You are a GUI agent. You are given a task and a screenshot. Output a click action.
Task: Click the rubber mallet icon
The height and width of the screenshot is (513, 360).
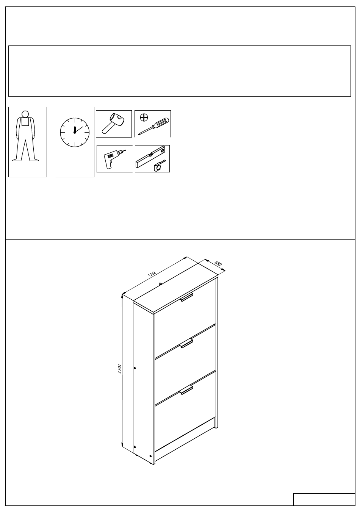pos(113,123)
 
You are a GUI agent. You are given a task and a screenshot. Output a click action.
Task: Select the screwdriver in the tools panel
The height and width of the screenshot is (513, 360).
pos(153,126)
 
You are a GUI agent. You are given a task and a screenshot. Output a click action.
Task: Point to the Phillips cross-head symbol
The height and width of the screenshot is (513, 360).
pos(144,117)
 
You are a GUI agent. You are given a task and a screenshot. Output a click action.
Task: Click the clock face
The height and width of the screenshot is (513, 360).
pos(75,132)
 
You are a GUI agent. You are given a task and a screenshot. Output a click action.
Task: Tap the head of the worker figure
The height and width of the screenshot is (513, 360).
pos(25,114)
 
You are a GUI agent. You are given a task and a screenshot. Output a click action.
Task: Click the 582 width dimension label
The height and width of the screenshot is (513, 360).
pos(152,274)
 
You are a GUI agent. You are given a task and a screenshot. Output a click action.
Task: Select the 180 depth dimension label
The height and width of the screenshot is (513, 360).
pos(218,263)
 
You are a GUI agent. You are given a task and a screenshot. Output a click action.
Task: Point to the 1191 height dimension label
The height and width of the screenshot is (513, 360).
pos(120,369)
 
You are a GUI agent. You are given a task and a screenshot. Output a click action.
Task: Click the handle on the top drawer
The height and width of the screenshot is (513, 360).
pos(187,297)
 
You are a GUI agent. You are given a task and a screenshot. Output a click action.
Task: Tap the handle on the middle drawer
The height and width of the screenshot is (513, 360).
pos(187,344)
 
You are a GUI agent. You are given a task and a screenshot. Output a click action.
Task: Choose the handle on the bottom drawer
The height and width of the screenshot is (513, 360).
pos(187,390)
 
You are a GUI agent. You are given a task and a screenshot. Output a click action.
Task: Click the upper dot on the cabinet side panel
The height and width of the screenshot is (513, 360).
pos(135,368)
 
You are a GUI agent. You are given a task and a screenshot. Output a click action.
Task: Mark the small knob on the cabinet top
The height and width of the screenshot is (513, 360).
pos(160,284)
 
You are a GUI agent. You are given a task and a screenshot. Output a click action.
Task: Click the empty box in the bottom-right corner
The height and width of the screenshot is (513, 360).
pos(324,499)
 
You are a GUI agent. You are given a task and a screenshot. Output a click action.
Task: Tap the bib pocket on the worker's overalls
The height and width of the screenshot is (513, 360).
pos(25,122)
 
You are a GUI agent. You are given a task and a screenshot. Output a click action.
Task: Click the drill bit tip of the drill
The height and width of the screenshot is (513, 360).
pos(125,150)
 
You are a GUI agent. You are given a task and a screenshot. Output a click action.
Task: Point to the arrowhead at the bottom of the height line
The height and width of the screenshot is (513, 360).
pos(122,445)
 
